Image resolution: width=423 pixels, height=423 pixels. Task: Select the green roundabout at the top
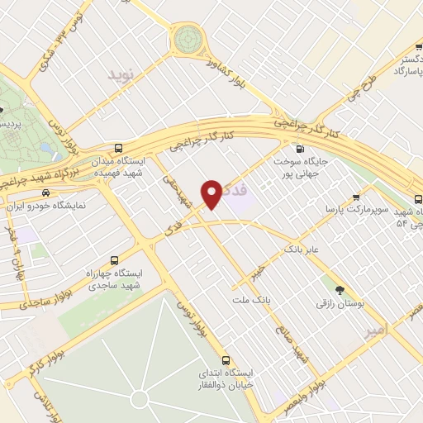click(187, 38)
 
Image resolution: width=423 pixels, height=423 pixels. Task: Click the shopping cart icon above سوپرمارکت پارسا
click(355, 197)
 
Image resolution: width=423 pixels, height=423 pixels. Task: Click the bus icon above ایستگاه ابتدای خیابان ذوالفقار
click(226, 360)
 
